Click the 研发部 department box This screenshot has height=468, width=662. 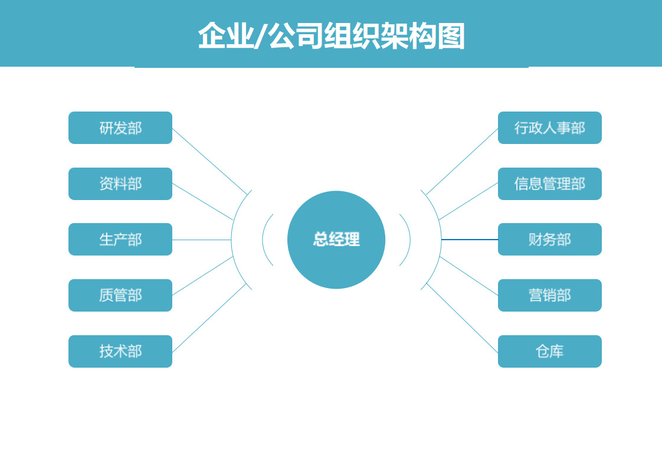pos(120,127)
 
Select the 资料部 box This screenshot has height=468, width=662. pos(120,184)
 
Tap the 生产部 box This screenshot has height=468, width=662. pos(120,240)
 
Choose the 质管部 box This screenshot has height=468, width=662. pos(120,295)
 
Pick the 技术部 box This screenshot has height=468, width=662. pos(120,351)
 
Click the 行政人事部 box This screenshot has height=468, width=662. pos(550,127)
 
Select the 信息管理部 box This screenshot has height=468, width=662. pos(550,184)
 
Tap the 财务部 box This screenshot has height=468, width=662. pos(550,240)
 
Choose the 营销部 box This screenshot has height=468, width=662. pos(550,295)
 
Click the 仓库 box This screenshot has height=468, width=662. pos(550,351)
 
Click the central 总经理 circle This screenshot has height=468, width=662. pos(336,240)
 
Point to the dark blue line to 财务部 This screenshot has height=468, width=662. pos(470,240)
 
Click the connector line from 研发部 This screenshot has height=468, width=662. pos(209,161)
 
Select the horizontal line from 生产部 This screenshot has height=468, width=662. pos(202,240)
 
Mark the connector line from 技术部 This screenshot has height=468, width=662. pos(209,318)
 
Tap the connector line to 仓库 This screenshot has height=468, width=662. pos(462,318)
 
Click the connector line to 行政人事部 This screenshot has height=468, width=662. pos(462,162)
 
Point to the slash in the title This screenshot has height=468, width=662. pos(261,36)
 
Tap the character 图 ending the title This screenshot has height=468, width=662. pos(451,36)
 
